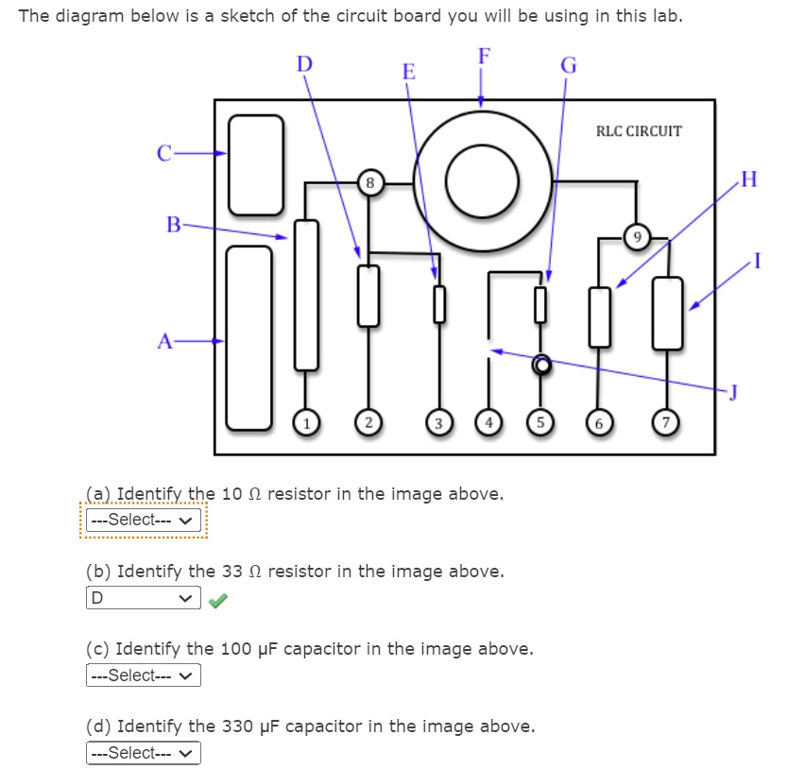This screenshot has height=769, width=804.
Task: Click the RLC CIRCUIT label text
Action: (638, 131)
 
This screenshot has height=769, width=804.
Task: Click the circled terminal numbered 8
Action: (370, 181)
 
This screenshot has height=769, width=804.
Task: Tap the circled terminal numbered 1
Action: (305, 422)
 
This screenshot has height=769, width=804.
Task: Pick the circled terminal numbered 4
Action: (488, 422)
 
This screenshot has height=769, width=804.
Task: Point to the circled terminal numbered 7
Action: (669, 422)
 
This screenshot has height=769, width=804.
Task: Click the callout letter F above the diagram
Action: (484, 56)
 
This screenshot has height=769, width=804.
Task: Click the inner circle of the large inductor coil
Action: (482, 181)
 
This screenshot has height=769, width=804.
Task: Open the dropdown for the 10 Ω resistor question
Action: (144, 520)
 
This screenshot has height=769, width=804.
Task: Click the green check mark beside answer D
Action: (218, 599)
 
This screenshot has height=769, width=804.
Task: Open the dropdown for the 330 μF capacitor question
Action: (144, 753)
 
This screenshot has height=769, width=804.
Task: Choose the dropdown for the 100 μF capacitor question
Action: (144, 675)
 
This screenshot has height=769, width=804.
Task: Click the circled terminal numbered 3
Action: (437, 422)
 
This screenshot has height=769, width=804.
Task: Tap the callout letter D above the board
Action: (304, 64)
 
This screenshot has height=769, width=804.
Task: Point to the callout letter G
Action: (568, 66)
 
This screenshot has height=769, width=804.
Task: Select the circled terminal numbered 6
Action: (596, 422)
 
